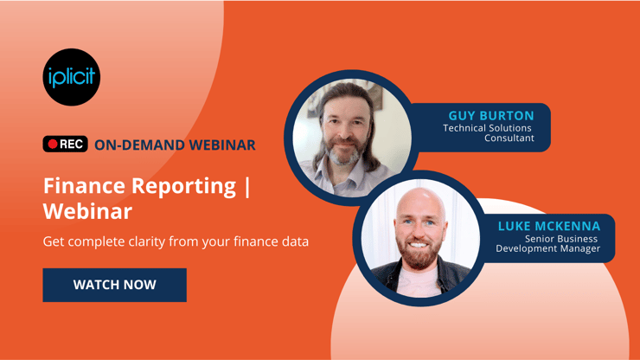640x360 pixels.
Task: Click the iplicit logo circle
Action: click(x=72, y=77)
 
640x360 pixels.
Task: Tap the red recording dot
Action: click(x=53, y=144)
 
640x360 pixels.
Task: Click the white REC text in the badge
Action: click(x=72, y=144)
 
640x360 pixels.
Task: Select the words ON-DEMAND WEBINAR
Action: click(x=175, y=145)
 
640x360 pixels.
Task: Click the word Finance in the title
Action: click(x=84, y=186)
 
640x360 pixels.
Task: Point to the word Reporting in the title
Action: click(x=184, y=187)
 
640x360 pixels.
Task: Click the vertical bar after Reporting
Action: click(x=247, y=187)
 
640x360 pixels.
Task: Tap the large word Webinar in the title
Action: click(x=87, y=211)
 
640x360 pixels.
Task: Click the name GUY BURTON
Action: click(x=491, y=116)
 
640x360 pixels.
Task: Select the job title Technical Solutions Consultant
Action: click(x=489, y=132)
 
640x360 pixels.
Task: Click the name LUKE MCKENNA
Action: click(x=549, y=226)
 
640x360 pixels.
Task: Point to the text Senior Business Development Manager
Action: click(x=547, y=243)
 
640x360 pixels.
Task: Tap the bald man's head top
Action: click(x=420, y=197)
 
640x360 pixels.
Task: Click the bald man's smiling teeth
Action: click(x=418, y=245)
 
